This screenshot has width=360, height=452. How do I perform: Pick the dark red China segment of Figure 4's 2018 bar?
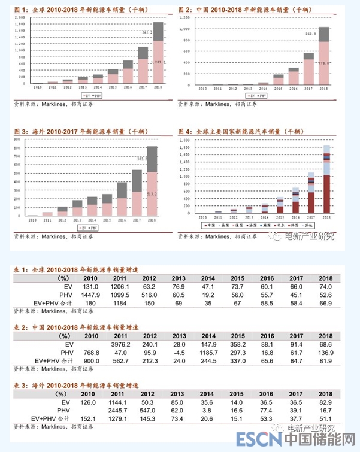pyautogui.click(x=327, y=193)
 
